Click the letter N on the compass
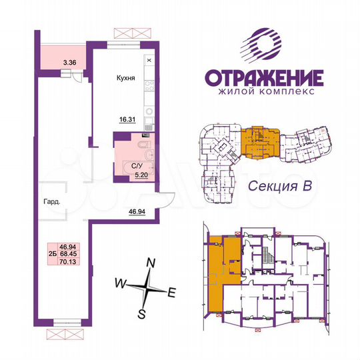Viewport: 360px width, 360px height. (151, 263)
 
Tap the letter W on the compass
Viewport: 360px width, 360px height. (120, 283)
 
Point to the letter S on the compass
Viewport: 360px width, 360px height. (141, 311)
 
